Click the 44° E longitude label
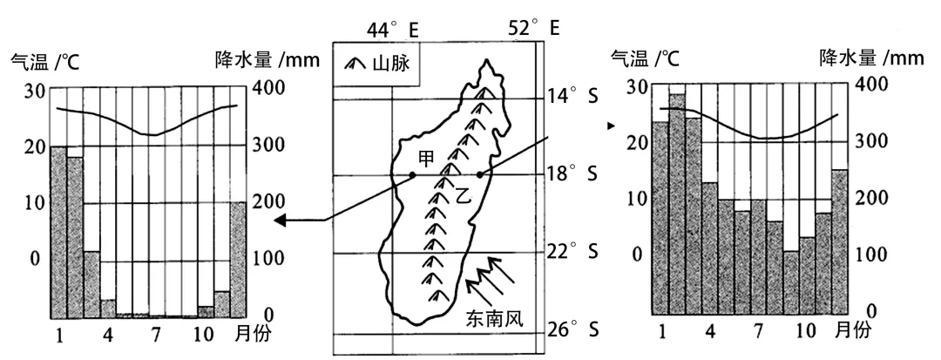[x=392, y=30]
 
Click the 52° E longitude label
[x=532, y=28]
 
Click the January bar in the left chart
[x=58, y=231]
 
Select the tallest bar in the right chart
[x=677, y=203]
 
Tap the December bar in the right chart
[x=840, y=241]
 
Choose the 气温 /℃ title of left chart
[x=41, y=62]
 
